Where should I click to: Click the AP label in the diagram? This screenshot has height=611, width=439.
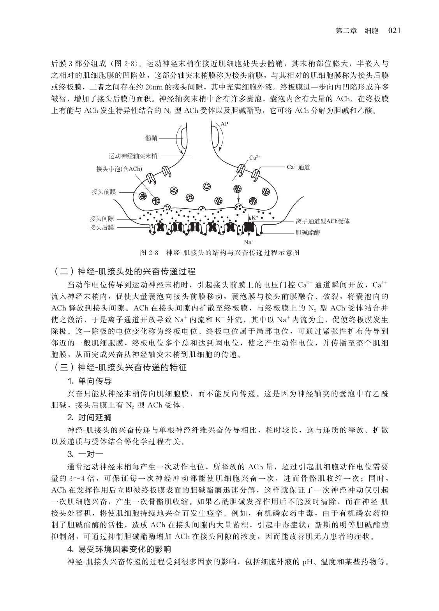click(224, 124)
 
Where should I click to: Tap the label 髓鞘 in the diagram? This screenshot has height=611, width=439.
click(151, 138)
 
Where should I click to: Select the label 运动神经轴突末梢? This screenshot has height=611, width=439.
click(133, 156)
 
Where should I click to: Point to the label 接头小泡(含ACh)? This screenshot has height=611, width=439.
click(119, 169)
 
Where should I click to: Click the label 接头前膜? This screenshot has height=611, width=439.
click(104, 191)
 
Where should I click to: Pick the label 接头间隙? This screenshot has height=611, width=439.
click(102, 219)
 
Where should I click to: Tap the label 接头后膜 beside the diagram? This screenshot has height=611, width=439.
click(102, 227)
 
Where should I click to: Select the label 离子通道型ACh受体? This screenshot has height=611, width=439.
click(323, 221)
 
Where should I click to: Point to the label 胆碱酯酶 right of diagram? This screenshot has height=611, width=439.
click(308, 232)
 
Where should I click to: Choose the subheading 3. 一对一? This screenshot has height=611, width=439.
click(85, 454)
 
